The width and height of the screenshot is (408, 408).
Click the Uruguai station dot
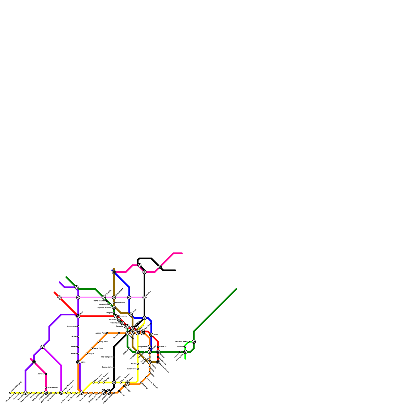pos(87,353)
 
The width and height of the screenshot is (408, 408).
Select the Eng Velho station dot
pos(99,342)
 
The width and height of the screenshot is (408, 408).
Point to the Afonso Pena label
pos(100,333)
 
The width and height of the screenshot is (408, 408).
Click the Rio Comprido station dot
pos(114,357)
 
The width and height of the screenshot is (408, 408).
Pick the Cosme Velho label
pos(107,367)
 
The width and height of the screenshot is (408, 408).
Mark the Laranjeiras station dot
pos(138,369)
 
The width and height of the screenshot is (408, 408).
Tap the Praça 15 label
pos(163,347)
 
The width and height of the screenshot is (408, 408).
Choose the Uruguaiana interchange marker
pos(150,347)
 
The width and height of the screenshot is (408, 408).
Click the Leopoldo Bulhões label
pos(104,308)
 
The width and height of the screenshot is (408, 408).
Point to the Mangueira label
pos(122,316)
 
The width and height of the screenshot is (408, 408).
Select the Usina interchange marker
pos(78,362)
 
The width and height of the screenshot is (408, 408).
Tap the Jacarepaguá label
pos(53,388)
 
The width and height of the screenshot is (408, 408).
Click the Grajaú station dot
pos(78,337)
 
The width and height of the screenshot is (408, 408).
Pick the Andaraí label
pos(74,353)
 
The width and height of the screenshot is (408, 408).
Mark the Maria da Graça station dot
pos(107,301)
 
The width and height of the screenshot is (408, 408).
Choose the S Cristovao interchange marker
pos(122,323)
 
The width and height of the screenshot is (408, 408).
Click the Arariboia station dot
pos(185,347)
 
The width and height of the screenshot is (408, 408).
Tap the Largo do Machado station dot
pos(146,377)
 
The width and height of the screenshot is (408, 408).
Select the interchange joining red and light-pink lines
pos(59,298)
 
